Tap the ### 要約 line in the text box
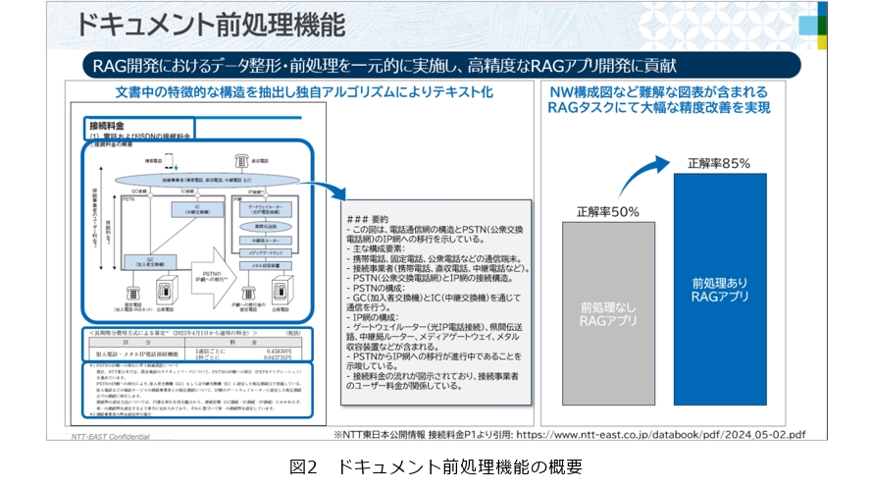370,219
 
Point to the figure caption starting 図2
436,466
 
